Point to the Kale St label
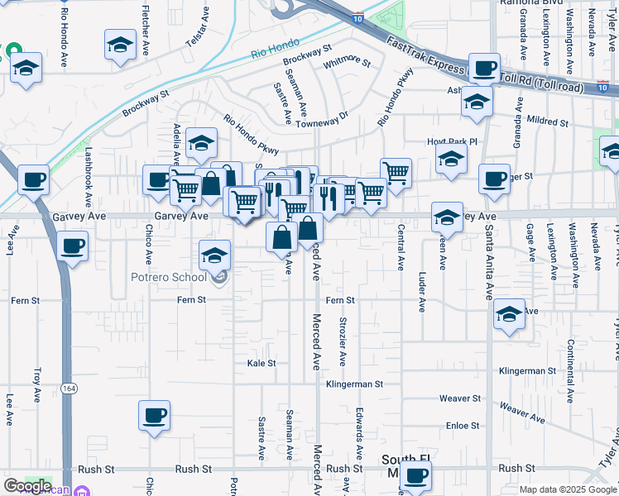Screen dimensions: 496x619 261,363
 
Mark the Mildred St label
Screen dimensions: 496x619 547,122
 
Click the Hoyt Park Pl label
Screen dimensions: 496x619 453,141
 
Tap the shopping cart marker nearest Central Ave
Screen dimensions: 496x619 396,173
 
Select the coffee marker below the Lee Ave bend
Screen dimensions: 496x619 73,246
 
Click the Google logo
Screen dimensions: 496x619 26,486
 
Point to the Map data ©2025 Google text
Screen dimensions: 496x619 567,489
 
